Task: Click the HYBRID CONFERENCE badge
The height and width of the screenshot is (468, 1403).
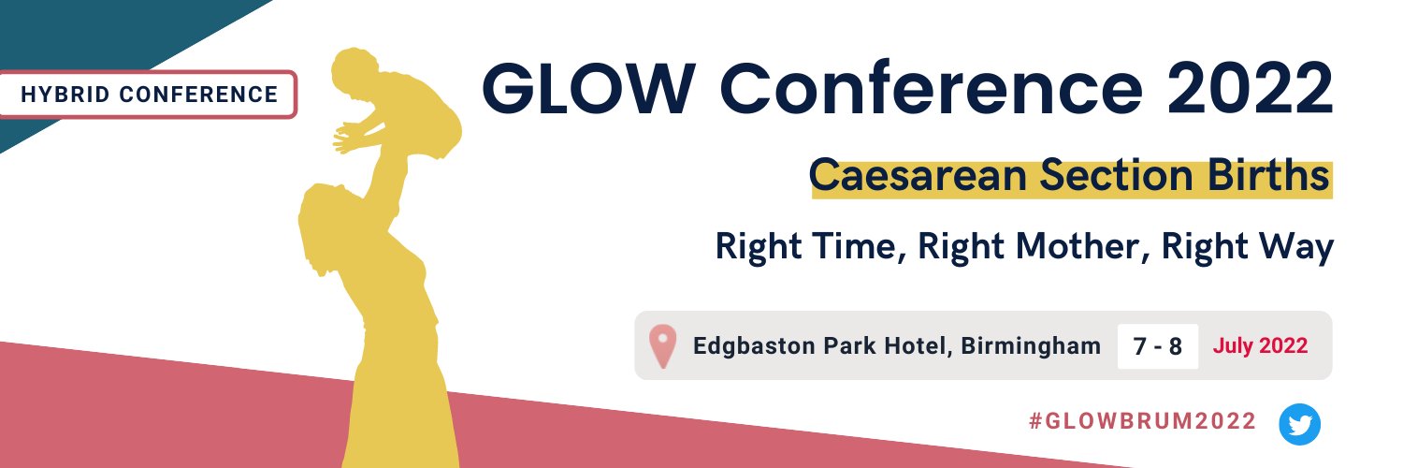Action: click(x=149, y=95)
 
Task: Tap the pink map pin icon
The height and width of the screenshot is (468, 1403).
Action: click(x=662, y=346)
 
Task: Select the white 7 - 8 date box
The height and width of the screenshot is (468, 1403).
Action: click(x=1157, y=346)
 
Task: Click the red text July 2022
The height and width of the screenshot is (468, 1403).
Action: click(x=1260, y=346)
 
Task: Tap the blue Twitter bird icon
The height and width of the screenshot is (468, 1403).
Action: click(x=1299, y=424)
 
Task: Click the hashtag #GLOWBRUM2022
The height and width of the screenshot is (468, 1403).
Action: click(x=1142, y=422)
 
